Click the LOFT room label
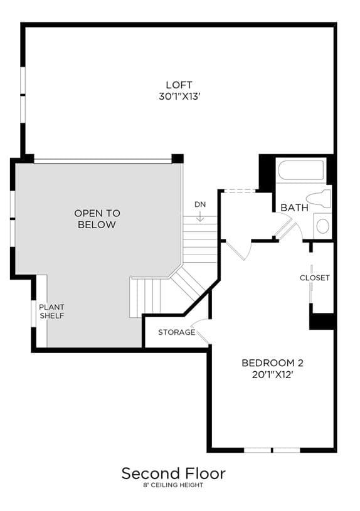point(179,85)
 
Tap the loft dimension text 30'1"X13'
point(179,97)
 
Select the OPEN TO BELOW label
point(97,219)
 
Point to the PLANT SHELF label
point(52,311)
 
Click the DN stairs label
point(200,204)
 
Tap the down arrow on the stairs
point(200,216)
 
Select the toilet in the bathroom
point(319,199)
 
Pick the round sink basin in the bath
point(322,226)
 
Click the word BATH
point(294,208)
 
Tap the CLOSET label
point(315,278)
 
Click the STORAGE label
point(176,332)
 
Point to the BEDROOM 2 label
point(272,363)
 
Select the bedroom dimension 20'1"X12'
point(272,374)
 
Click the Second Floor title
point(174,473)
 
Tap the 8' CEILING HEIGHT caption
point(174,485)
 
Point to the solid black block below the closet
point(322,321)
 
